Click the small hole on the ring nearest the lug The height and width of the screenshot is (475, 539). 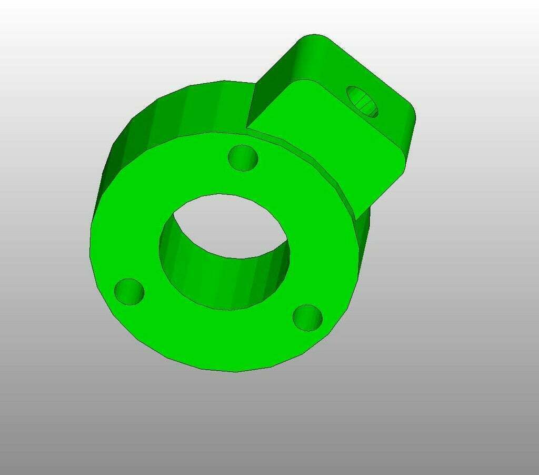coord(243,158)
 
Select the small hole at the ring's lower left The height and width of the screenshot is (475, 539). coord(129,291)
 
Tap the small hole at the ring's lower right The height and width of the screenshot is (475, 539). coord(307,317)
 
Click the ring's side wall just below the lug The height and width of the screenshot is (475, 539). coord(363,237)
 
